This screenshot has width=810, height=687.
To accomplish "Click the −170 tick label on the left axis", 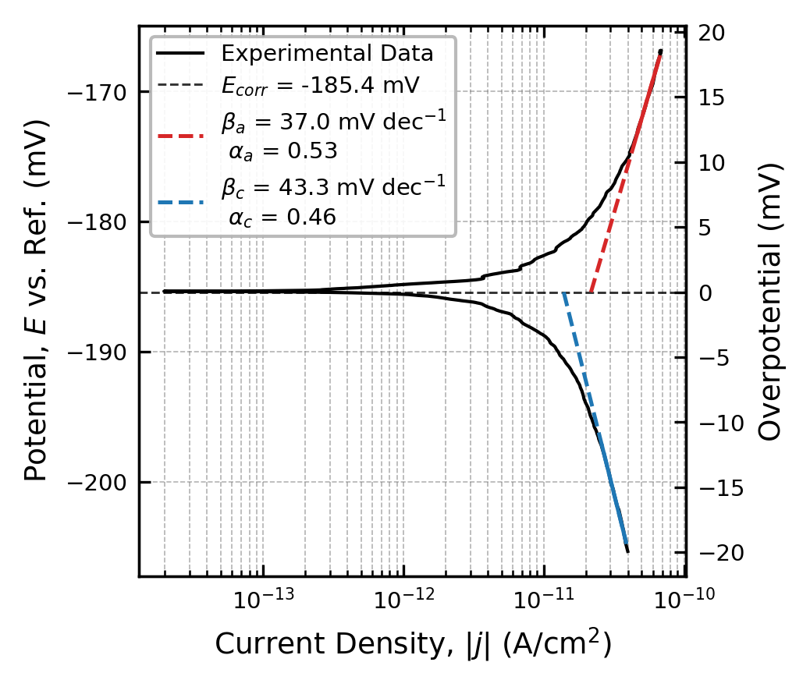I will point(103,92).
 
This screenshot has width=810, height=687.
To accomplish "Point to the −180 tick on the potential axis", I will point(103,222).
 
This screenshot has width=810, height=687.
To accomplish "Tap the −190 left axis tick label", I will point(103,352).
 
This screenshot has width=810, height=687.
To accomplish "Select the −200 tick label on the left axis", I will point(103,483).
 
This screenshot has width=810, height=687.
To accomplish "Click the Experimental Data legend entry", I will point(327,54).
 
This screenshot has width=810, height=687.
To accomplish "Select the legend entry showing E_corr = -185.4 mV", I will point(321,84).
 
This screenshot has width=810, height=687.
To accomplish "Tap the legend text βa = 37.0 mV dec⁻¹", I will point(334,123).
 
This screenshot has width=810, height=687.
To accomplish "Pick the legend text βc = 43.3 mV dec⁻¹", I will point(334,188).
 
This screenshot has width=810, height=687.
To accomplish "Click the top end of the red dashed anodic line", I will point(660,52).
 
